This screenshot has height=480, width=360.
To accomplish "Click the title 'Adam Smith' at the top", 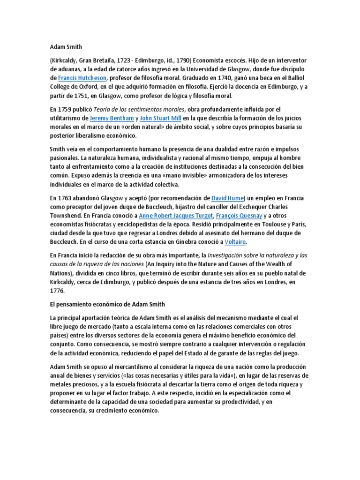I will [x=65, y=47].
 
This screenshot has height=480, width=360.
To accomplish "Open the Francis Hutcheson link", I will [x=82, y=78].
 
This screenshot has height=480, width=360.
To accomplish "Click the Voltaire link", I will [x=235, y=242].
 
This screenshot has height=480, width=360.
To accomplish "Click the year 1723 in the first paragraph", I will [x=122, y=60].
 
